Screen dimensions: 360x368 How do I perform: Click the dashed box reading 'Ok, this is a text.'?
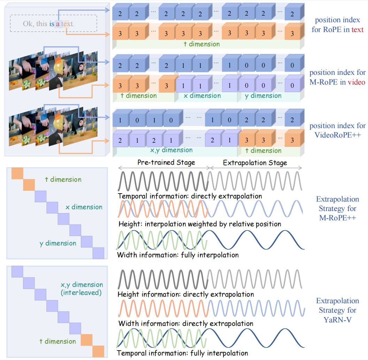pyautogui.click(x=53, y=24)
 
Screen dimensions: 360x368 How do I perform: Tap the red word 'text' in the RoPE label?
pyautogui.click(x=358, y=30)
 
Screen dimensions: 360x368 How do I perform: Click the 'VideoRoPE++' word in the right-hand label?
pyautogui.click(x=338, y=135)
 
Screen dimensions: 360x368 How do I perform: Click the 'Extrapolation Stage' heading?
pyautogui.click(x=255, y=163)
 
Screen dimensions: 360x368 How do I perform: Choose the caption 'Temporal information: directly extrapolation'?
pyautogui.click(x=190, y=196)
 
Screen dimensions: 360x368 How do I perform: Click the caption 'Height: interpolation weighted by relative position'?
pyautogui.click(x=200, y=224)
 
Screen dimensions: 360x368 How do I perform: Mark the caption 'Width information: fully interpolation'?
pyautogui.click(x=178, y=255)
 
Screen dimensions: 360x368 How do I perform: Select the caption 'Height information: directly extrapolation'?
pyautogui.click(x=186, y=294)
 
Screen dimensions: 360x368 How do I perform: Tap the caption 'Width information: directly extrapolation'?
pyautogui.click(x=185, y=323)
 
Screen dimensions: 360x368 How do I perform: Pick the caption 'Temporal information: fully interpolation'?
pyautogui.click(x=183, y=353)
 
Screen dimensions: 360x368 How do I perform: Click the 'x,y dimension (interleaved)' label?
pyautogui.click(x=82, y=289)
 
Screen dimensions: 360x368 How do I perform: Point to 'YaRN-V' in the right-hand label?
pyautogui.click(x=337, y=319)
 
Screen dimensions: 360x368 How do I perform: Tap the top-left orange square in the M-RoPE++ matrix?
pyautogui.click(x=17, y=173)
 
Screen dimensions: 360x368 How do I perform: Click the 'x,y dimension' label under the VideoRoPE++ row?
pyautogui.click(x=171, y=150)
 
